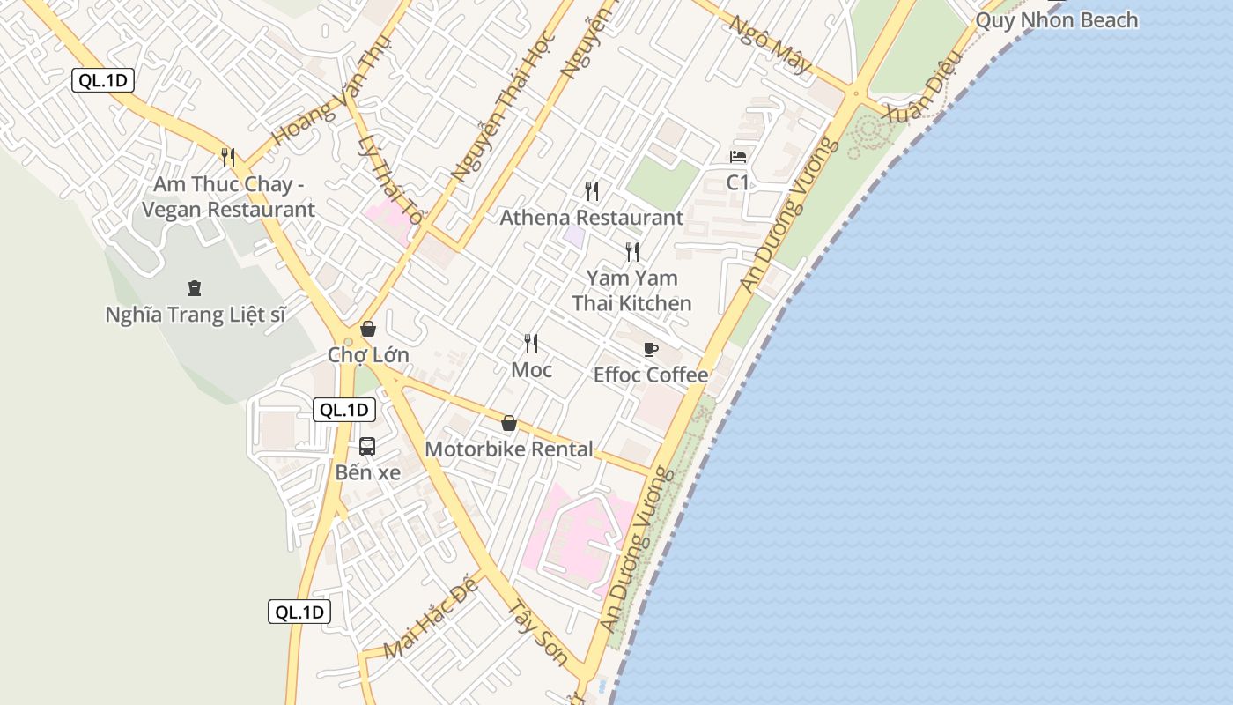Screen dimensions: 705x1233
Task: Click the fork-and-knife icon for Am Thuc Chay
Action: pos(228,158)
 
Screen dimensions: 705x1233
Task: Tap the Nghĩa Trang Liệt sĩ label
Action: pos(196,315)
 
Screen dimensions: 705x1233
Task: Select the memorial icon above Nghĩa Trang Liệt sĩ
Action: pos(195,287)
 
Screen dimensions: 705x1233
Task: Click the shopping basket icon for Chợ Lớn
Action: pos(368,329)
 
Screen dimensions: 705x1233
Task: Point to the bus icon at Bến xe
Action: pos(367,447)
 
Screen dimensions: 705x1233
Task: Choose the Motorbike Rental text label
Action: pos(509,449)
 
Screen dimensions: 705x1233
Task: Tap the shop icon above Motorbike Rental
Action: pos(508,424)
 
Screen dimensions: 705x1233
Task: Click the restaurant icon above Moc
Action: pos(531,344)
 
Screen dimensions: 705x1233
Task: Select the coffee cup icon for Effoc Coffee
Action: pos(651,350)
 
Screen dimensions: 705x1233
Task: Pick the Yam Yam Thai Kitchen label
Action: pos(631,291)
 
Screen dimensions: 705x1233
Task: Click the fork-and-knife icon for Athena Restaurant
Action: pos(592,190)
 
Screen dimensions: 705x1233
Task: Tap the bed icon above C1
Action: pos(738,157)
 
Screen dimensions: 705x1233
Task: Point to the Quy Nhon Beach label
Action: pos(1057,19)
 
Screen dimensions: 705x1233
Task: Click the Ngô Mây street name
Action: pos(769,43)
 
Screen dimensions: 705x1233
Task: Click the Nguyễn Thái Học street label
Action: pos(503,108)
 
